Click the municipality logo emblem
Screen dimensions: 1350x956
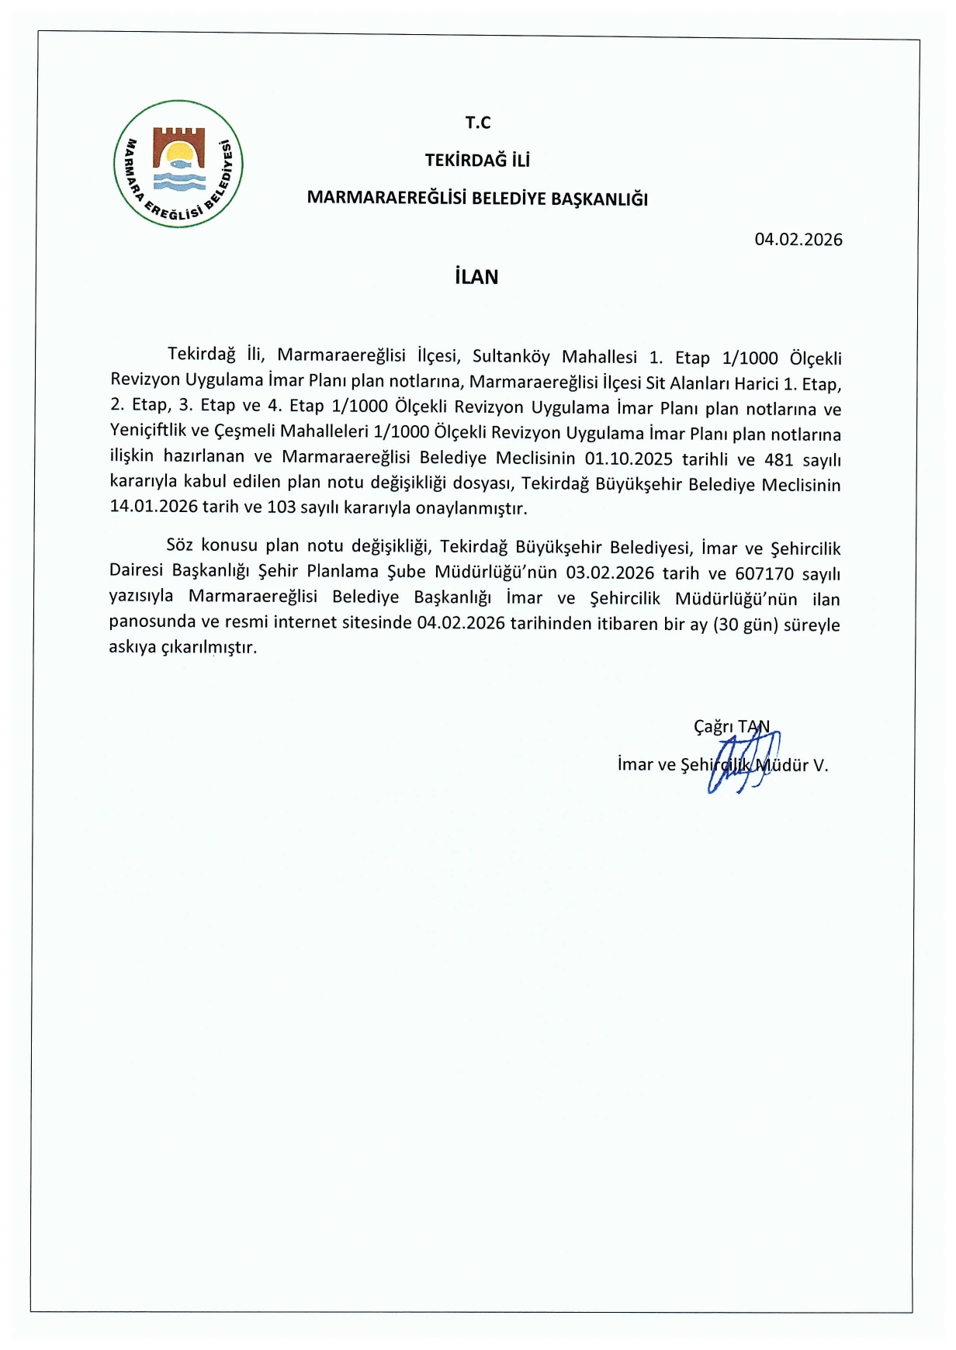(178, 164)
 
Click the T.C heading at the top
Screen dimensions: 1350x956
(478, 123)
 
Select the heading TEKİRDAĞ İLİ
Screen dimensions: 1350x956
(477, 161)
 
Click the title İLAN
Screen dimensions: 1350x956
(476, 277)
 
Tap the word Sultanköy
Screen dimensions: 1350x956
(511, 356)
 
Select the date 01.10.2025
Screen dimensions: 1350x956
(629, 458)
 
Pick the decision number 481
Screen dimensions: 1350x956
(778, 459)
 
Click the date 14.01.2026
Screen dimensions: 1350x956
(154, 507)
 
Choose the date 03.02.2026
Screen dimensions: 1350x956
(610, 573)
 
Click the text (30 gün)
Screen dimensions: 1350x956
(745, 625)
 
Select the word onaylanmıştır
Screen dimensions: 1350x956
(471, 509)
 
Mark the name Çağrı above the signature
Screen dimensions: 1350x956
(713, 726)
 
